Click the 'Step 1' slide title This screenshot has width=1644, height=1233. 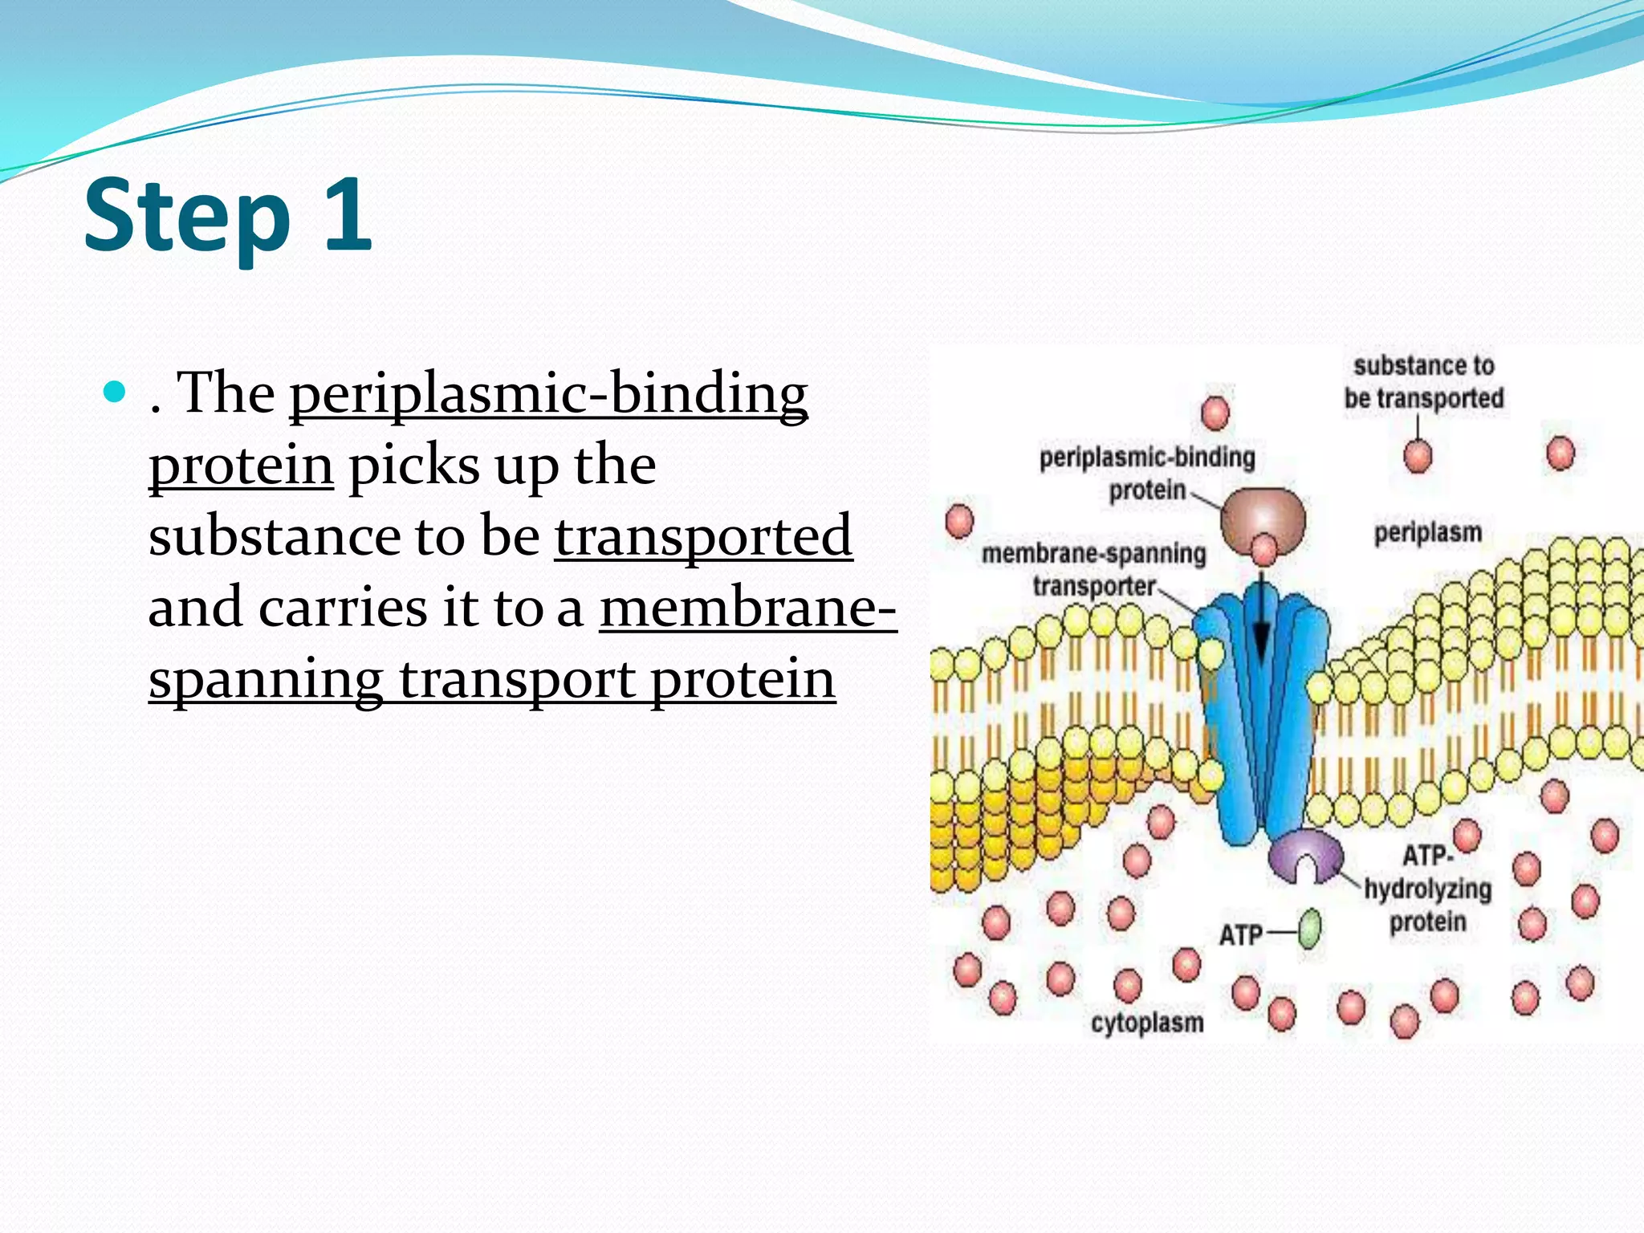(x=228, y=215)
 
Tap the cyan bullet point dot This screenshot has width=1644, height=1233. (x=116, y=392)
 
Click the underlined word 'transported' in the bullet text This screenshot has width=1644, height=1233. (x=703, y=536)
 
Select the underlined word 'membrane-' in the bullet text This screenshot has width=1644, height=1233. (x=747, y=608)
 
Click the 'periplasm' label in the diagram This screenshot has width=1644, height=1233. (x=1427, y=533)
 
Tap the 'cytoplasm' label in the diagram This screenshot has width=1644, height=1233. (x=1147, y=1023)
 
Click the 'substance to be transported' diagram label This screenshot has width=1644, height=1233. (x=1423, y=382)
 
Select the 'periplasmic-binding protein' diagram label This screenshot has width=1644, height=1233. (x=1147, y=474)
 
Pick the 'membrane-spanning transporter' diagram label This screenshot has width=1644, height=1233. (x=1093, y=569)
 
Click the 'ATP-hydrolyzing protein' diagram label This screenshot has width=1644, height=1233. (x=1428, y=889)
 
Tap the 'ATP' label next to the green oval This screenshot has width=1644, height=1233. (x=1240, y=934)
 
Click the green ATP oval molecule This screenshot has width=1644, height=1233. (x=1309, y=929)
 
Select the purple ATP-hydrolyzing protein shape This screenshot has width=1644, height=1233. (x=1305, y=855)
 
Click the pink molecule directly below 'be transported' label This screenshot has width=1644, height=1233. (x=1418, y=457)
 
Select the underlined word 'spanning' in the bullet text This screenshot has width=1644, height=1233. (x=266, y=679)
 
